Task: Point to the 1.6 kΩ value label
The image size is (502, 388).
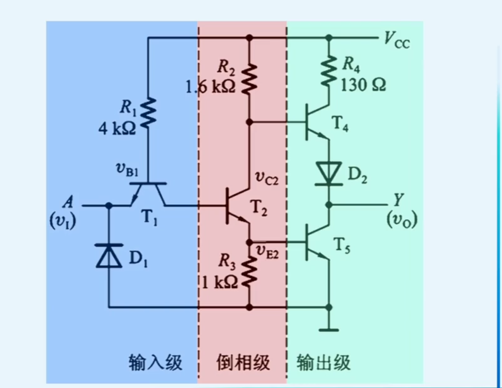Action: [210, 87]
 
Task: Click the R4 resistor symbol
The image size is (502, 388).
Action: [329, 70]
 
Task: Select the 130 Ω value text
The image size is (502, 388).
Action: [363, 86]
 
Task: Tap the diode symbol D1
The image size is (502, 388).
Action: [109, 255]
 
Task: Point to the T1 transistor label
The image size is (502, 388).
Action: [149, 218]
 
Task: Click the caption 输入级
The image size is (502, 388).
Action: [156, 362]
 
